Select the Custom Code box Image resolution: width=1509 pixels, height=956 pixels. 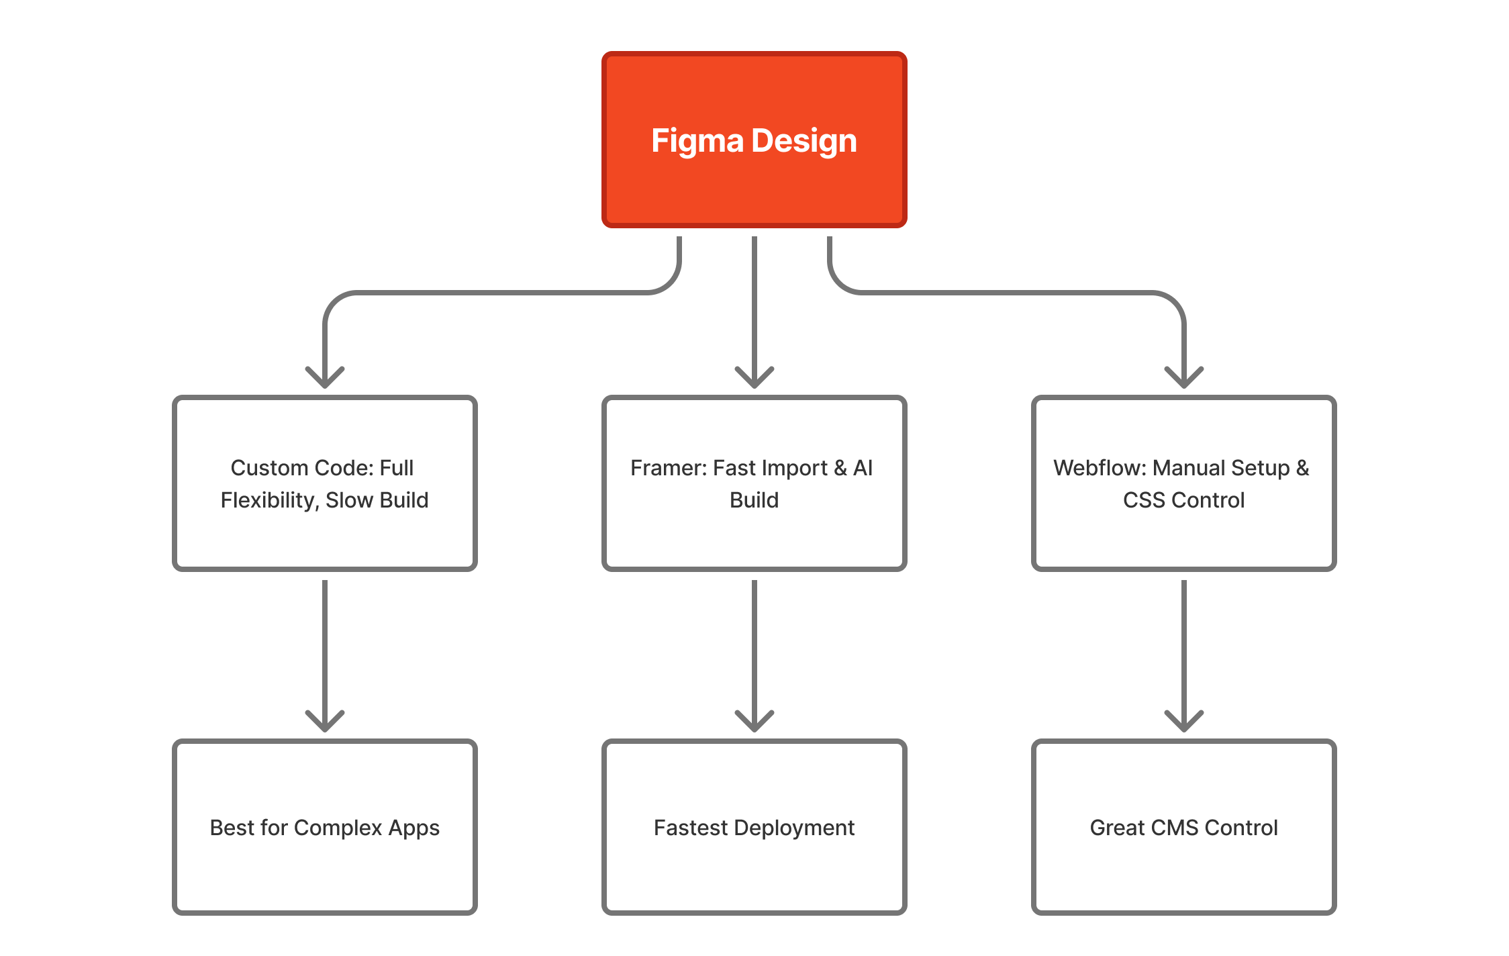324,537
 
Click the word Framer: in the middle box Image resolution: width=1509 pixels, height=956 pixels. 668,468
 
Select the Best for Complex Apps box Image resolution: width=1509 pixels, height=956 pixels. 324,873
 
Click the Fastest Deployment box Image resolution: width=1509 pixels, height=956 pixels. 754,873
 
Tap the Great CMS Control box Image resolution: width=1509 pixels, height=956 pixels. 1183,873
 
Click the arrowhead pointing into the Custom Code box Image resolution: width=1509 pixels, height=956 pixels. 325,380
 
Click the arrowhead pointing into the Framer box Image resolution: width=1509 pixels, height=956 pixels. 754,380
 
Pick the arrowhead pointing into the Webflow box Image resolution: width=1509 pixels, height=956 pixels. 1184,380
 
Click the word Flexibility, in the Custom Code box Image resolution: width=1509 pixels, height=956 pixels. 269,501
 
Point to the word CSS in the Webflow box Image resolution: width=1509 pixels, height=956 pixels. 1144,501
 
